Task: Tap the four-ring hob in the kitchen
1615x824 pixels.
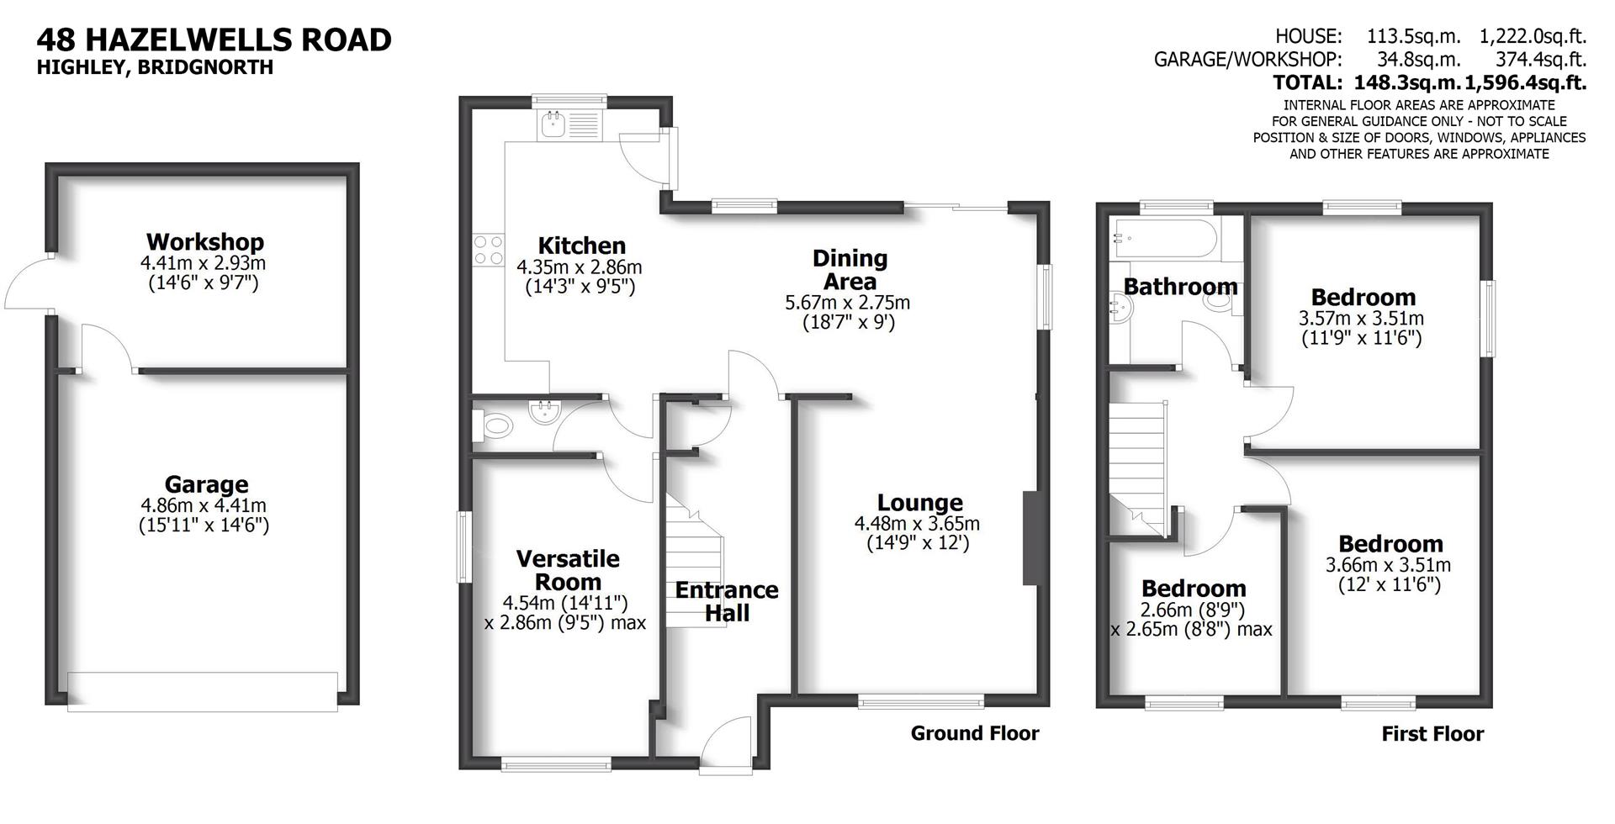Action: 487,250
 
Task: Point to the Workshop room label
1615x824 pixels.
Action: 204,242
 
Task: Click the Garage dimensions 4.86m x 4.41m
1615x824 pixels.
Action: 204,506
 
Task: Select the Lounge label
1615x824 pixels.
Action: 919,503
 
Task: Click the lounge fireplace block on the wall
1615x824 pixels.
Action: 1031,538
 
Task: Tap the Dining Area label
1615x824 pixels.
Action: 850,270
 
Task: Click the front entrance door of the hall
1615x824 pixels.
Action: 725,744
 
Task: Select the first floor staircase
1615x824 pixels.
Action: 1138,467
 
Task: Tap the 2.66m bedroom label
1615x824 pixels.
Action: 1193,589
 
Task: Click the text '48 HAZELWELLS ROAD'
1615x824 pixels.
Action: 214,40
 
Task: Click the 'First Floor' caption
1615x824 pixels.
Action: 1432,734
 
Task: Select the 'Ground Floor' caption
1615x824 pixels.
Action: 974,733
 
